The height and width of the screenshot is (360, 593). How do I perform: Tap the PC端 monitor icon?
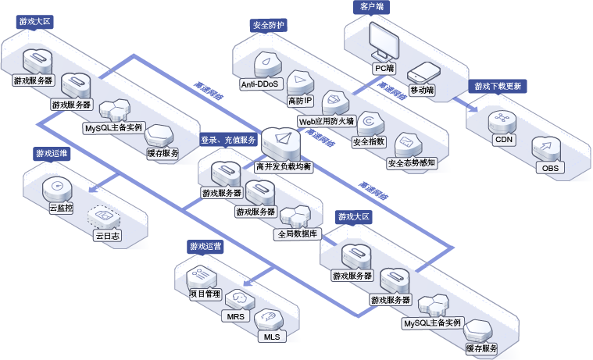pyautogui.click(x=384, y=41)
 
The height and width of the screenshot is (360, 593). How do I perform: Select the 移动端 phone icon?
pyautogui.click(x=423, y=73)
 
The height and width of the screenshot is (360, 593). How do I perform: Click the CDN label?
pyautogui.click(x=504, y=140)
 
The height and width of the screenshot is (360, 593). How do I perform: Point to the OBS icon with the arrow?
pyautogui.click(x=546, y=148)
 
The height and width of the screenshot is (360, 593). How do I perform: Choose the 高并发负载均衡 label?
pyautogui.click(x=284, y=166)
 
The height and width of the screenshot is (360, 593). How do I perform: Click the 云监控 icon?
pyautogui.click(x=57, y=188)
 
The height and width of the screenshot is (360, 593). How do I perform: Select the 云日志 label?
pyautogui.click(x=107, y=236)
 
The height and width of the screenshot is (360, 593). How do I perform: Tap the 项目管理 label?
pyautogui.click(x=205, y=294)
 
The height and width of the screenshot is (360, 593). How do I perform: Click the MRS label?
pyautogui.click(x=236, y=316)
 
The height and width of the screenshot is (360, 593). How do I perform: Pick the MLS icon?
pyautogui.click(x=269, y=319)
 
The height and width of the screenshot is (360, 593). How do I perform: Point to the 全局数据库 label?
pyautogui.click(x=298, y=234)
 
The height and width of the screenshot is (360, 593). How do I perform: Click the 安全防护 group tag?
pyautogui.click(x=269, y=26)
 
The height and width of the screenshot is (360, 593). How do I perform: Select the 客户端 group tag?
pyautogui.click(x=372, y=7)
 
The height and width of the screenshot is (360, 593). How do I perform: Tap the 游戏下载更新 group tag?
pyautogui.click(x=498, y=86)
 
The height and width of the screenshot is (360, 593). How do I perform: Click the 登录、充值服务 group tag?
pyautogui.click(x=228, y=140)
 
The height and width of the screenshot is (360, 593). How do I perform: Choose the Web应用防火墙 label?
pyautogui.click(x=327, y=121)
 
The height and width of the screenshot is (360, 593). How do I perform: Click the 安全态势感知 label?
pyautogui.click(x=412, y=163)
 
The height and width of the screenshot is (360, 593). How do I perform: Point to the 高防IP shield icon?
pyautogui.click(x=300, y=83)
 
